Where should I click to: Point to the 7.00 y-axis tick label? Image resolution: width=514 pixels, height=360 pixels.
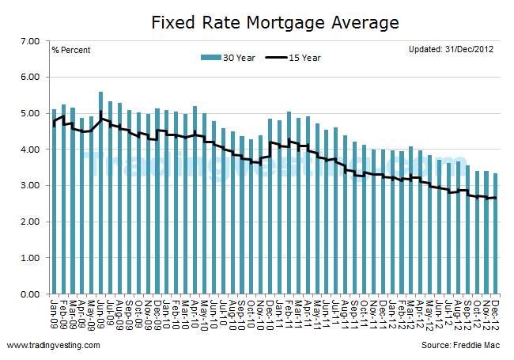pos(29,40)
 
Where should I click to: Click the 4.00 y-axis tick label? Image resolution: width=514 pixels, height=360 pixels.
pos(29,150)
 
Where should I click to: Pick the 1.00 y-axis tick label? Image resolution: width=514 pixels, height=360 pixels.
pos(29,258)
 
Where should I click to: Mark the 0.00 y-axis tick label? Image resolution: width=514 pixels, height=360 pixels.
pos(29,294)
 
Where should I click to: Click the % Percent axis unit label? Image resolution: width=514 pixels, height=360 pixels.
pos(71,51)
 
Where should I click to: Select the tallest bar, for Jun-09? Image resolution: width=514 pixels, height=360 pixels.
pos(101,194)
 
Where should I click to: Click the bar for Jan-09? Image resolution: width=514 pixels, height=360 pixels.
pos(54,202)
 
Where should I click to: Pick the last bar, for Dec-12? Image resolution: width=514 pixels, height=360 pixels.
pos(495,234)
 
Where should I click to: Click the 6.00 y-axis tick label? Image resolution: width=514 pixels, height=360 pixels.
pos(29,77)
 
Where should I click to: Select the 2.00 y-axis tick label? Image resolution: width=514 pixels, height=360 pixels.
pos(29,222)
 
